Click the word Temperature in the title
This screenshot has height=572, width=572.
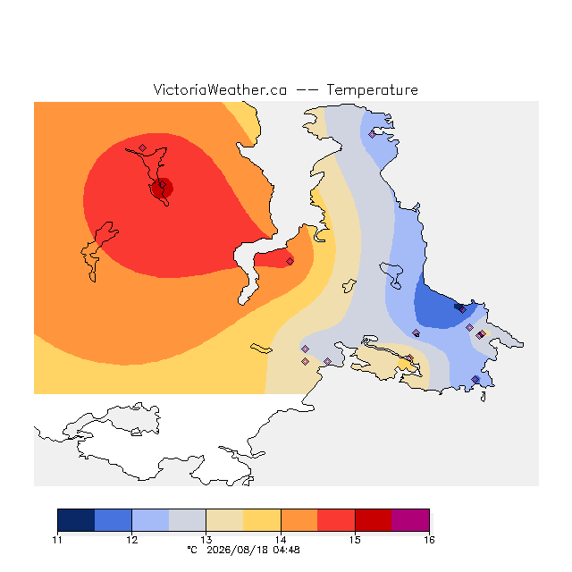372,90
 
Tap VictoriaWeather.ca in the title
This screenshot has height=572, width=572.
220,89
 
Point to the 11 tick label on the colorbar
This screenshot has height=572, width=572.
57,540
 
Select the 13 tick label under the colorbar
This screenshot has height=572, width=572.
206,540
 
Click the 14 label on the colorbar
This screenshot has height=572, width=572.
281,540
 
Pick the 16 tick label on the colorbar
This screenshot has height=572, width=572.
429,540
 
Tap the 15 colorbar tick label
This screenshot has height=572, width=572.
355,540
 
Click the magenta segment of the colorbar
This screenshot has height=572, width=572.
410,520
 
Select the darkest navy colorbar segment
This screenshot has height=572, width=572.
76,520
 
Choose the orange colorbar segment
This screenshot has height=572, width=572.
299,520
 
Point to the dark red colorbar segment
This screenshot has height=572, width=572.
374,520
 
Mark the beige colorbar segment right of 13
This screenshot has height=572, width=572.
224,520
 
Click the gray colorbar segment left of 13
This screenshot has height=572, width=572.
187,520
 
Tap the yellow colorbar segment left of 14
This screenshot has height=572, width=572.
262,520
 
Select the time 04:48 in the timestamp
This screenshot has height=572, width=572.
286,551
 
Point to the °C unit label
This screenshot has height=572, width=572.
192,550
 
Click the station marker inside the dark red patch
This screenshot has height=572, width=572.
163,185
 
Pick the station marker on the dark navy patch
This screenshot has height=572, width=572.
462,310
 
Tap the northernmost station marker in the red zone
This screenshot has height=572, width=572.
143,147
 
